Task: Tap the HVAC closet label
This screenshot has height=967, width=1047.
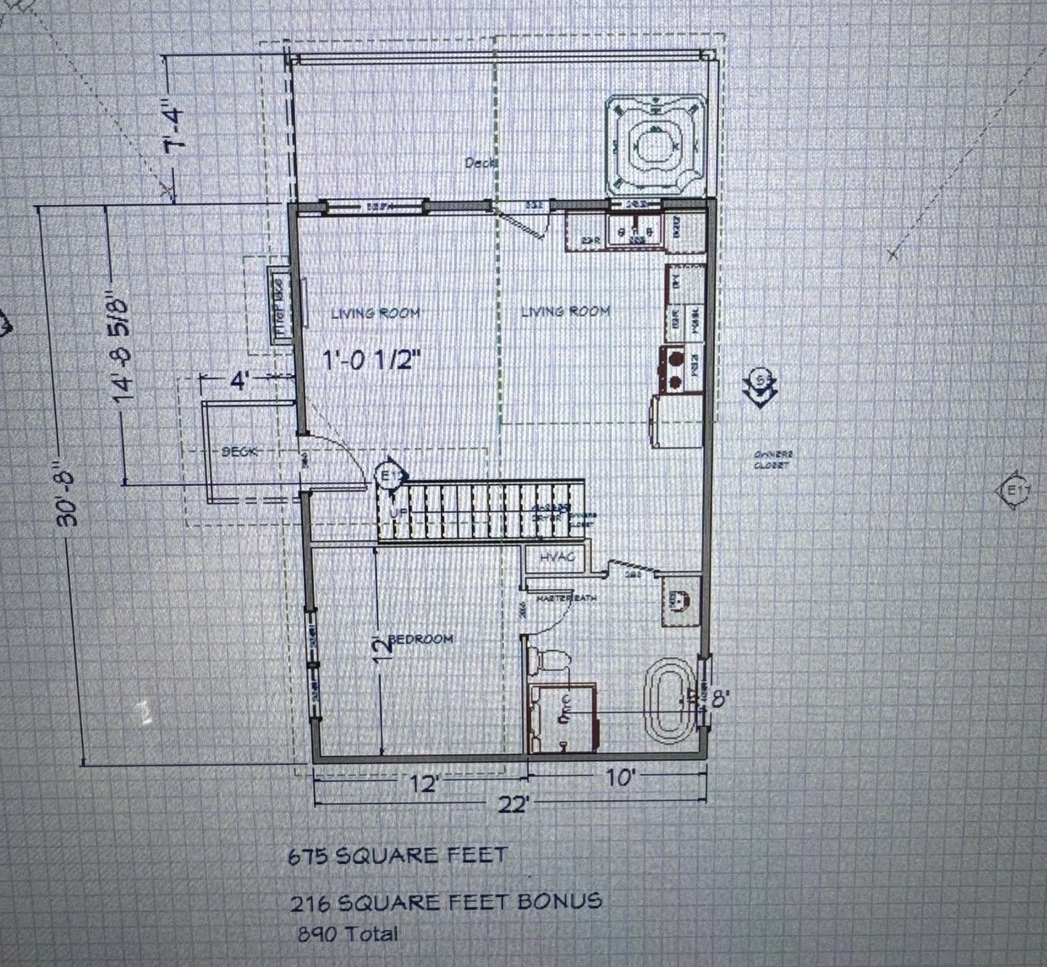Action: (x=556, y=557)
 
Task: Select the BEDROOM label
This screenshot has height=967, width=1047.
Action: (x=420, y=639)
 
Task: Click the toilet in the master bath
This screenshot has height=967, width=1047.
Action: (x=550, y=660)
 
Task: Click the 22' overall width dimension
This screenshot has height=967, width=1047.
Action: (x=513, y=803)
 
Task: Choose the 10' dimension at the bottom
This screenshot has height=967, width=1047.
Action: (x=620, y=778)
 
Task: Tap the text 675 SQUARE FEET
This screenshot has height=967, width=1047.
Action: (x=397, y=856)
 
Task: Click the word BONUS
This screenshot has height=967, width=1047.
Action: (x=559, y=901)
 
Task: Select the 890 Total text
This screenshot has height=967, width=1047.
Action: (x=348, y=934)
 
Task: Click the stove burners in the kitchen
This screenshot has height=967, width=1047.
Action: (x=675, y=370)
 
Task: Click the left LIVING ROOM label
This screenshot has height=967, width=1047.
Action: (x=375, y=313)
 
